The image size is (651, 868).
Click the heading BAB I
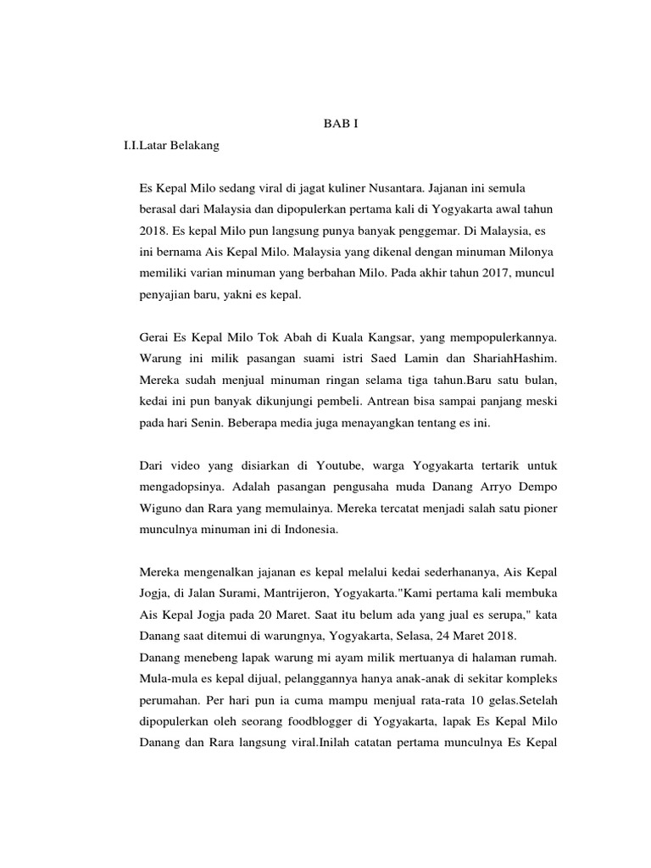pos(342,124)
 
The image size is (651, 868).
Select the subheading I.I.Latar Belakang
pos(171,146)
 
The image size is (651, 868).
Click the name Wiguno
pos(159,509)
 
